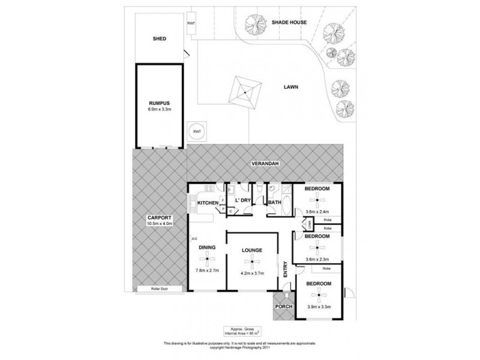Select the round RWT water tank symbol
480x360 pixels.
tap(196, 131)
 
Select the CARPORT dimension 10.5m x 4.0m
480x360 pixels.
tap(160, 224)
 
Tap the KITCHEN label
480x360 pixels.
tap(208, 203)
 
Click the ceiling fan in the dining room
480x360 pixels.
tap(207, 259)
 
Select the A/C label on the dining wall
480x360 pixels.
tap(194, 239)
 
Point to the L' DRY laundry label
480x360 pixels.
tap(242, 199)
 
